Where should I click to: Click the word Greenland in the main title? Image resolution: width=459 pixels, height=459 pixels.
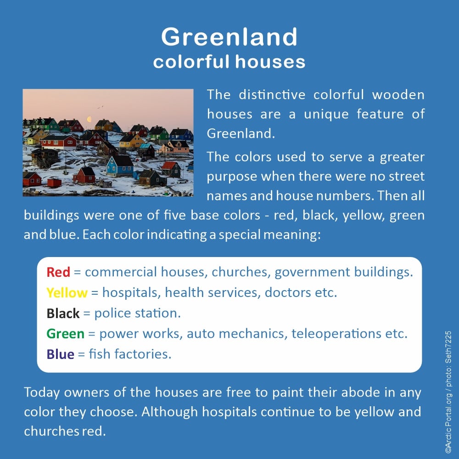click(x=229, y=37)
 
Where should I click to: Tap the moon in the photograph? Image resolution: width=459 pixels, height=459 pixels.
click(x=90, y=119)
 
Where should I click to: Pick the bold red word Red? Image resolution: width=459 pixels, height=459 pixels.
click(x=58, y=272)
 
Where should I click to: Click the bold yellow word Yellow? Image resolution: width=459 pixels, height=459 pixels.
click(x=67, y=292)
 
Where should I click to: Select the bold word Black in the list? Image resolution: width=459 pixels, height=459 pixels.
click(x=63, y=313)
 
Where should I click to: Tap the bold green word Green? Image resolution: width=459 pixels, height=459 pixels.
click(x=65, y=334)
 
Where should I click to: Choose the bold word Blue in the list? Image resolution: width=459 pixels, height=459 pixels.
click(x=60, y=354)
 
